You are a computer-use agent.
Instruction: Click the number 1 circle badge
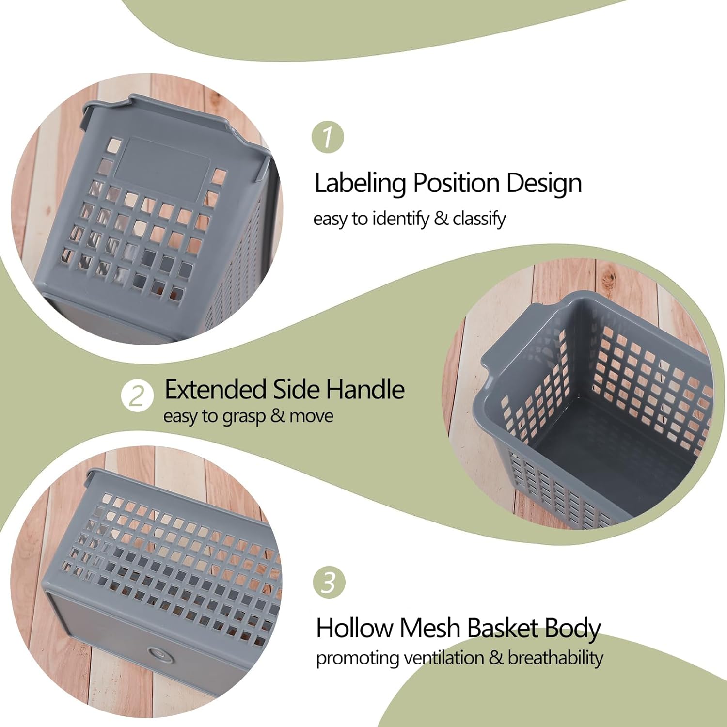328,137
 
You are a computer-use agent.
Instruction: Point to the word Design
544,183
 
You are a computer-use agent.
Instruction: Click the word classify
479,219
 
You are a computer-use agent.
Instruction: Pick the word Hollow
355,628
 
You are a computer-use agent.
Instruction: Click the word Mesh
430,628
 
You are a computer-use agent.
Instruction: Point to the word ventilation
443,658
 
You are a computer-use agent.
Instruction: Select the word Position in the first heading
456,184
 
